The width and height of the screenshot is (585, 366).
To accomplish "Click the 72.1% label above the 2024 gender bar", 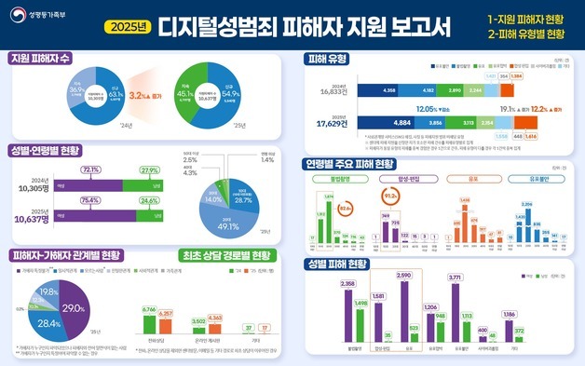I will coord(92,170).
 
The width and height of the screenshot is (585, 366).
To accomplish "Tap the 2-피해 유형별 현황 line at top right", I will coord(526,34).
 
